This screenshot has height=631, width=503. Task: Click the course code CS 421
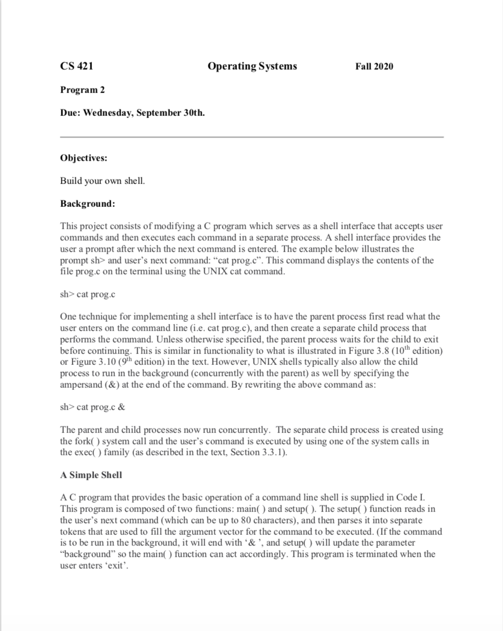[x=77, y=66]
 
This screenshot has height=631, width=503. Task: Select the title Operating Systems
[x=252, y=66]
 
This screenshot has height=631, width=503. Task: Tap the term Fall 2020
[x=374, y=66]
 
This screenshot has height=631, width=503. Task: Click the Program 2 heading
[x=83, y=90]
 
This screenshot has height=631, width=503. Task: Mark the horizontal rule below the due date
[x=252, y=137]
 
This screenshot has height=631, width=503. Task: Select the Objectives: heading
[x=84, y=158]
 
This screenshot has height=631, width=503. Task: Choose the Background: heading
[x=87, y=204]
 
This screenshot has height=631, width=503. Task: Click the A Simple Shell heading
[x=91, y=475]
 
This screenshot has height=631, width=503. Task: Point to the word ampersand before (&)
[x=82, y=385]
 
